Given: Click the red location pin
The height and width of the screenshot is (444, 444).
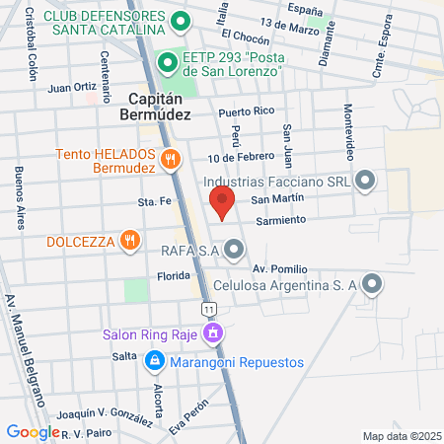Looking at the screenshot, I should point(222,204).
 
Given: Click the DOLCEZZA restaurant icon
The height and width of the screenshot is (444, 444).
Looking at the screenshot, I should point(129,240).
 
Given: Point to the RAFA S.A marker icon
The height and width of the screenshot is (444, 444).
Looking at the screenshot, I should point(234,251).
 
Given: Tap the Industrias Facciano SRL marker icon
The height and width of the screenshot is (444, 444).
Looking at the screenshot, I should point(366,181).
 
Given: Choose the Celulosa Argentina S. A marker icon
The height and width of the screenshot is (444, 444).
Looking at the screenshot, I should point(371,285).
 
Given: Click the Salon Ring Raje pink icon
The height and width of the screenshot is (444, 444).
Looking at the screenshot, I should point(211,334).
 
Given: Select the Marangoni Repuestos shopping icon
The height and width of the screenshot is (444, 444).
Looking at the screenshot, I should point(154,362).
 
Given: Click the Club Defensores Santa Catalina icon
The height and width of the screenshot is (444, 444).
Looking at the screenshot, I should point(180,21).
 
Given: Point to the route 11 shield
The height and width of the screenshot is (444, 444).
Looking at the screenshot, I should point(208,310).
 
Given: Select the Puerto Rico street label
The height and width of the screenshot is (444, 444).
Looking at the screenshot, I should point(245,111).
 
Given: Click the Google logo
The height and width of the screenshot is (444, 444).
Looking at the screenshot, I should point(33,431).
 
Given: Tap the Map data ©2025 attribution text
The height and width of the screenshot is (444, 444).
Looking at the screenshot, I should point(400,435).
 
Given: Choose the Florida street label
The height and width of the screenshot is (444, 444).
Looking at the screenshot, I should point(172,277).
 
